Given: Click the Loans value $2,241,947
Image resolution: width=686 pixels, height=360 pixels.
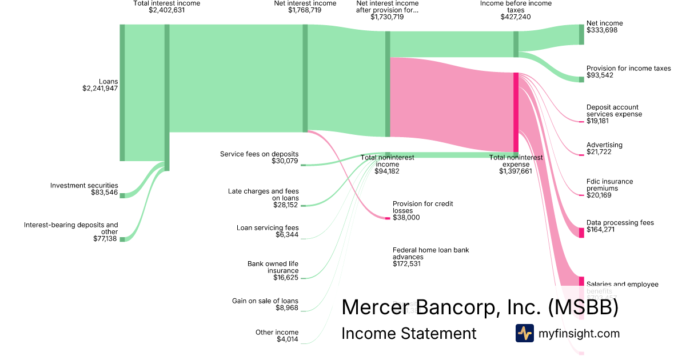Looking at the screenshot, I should (x=100, y=89).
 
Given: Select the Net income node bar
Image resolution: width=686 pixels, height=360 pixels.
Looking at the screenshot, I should (x=581, y=34).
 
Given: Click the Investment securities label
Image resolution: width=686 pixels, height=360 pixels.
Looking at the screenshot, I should (x=84, y=185).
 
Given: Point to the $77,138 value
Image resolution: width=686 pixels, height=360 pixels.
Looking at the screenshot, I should (x=105, y=239).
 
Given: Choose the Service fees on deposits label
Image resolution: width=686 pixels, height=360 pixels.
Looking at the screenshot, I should (x=259, y=154).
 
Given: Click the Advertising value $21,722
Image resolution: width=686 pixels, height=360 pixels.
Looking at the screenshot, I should (x=600, y=153).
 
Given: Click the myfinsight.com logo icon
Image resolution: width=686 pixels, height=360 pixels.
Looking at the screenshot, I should (x=524, y=333).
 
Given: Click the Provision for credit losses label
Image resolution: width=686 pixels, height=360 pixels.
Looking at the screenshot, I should (x=422, y=207).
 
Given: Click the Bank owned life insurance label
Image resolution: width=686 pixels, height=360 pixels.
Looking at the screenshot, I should (x=273, y=267).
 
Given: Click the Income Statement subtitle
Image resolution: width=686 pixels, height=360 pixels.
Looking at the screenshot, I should (x=409, y=333).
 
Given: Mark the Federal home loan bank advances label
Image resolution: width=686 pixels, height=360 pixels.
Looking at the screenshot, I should (x=430, y=253).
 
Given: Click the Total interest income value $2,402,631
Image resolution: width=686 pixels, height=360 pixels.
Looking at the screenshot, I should (x=167, y=10).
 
